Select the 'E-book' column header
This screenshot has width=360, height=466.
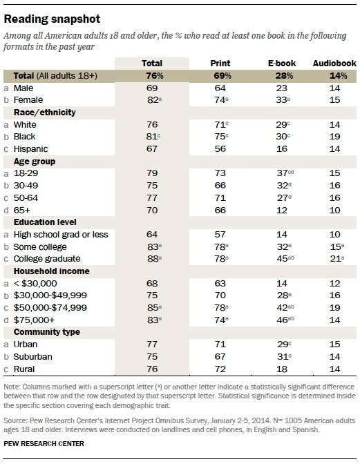282,63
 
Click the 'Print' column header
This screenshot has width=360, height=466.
220,63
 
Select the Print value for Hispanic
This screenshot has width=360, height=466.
220,148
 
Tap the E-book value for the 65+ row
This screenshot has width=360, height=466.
282,209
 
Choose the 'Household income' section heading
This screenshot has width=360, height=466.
53,271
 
